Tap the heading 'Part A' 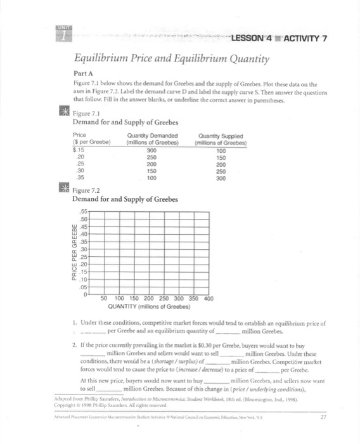pos(84,74)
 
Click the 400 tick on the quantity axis pos(210,299)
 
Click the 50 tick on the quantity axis pos(104,299)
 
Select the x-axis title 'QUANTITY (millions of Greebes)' pos(154,307)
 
